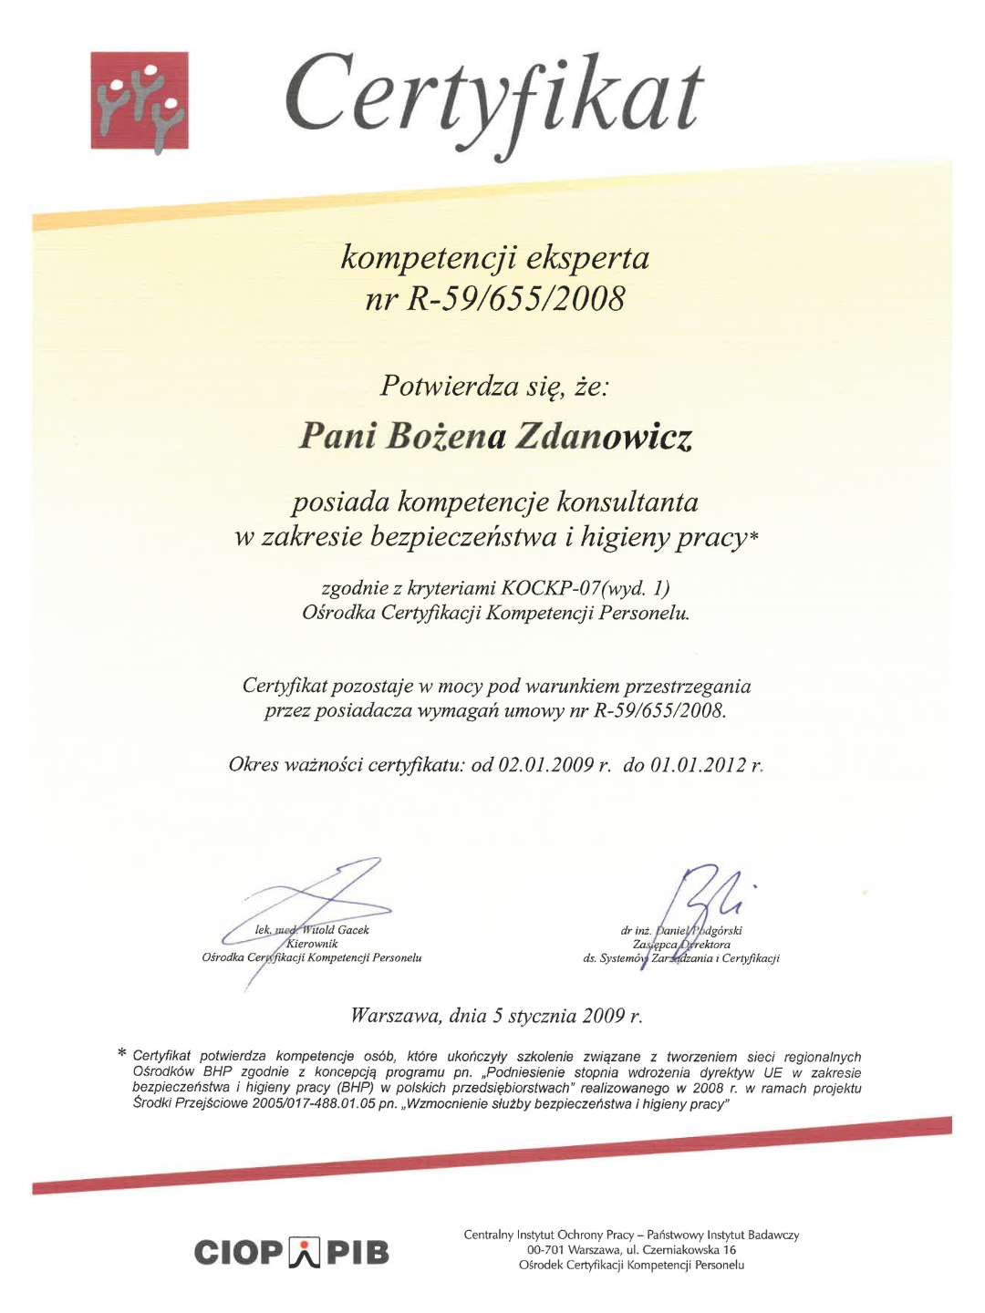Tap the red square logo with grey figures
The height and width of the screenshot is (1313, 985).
point(140,100)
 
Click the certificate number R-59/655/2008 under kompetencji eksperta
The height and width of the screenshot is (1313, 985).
point(517,298)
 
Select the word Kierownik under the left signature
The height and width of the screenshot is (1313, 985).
point(312,944)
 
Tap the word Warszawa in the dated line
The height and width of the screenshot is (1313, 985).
point(396,1015)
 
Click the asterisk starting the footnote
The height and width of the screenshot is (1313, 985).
point(122,1055)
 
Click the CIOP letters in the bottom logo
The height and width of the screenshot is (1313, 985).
point(238,1253)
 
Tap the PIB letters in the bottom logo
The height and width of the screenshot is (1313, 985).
point(358,1253)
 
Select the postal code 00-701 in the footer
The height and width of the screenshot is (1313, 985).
point(544,1250)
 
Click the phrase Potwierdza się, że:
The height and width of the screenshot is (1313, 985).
point(493,387)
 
